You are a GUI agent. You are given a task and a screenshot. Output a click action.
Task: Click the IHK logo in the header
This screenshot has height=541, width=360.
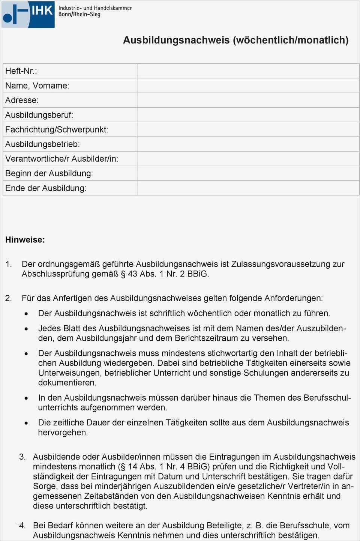(x=28, y=14)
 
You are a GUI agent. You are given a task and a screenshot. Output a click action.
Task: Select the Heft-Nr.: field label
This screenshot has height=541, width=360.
(x=21, y=71)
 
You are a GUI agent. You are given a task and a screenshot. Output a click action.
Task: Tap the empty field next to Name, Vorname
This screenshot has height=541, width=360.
(x=248, y=86)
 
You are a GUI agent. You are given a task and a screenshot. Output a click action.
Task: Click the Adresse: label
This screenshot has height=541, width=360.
(x=22, y=100)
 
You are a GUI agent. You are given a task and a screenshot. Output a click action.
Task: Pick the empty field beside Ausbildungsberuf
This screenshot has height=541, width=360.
(x=248, y=115)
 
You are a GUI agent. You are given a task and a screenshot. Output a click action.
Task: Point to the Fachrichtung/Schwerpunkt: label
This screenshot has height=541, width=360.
(x=57, y=129)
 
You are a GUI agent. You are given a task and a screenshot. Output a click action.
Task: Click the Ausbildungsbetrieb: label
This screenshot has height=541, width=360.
(x=42, y=144)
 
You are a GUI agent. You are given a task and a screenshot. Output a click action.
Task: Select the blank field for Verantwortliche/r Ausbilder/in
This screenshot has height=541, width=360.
(x=248, y=159)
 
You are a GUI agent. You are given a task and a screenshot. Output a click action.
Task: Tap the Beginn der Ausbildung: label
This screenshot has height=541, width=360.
(x=49, y=173)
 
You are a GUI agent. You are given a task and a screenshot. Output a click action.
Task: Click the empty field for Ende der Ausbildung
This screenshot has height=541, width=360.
(x=248, y=188)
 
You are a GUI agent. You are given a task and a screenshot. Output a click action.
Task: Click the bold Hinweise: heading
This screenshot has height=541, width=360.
(x=25, y=240)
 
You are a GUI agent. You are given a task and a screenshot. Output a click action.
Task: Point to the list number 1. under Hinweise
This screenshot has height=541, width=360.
(x=9, y=264)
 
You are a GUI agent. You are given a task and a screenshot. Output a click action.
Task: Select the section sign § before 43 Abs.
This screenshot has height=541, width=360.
(x=123, y=274)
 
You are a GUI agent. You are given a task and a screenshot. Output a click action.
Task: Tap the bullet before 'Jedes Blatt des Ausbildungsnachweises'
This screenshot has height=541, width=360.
(x=26, y=329)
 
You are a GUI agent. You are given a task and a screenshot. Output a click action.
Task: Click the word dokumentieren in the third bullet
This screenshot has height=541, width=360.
(x=67, y=383)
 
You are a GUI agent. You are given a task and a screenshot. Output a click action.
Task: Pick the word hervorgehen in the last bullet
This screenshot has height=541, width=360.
(x=63, y=433)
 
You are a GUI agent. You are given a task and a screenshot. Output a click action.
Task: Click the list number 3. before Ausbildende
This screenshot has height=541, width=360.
(x=22, y=457)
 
